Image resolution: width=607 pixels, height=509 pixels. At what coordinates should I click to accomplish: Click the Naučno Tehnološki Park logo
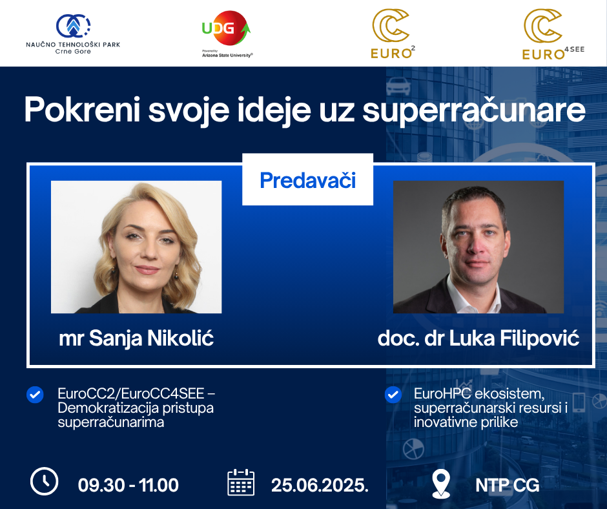tap(73, 34)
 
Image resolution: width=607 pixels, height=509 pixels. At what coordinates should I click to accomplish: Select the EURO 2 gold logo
tap(393, 34)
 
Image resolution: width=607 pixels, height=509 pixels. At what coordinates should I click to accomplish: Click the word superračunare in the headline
tap(474, 110)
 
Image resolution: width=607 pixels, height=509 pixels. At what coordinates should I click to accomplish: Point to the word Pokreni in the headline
tap(82, 110)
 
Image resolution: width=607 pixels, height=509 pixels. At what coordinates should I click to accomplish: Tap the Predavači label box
tap(308, 180)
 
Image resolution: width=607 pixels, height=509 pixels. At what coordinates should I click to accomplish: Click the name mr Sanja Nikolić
tap(136, 338)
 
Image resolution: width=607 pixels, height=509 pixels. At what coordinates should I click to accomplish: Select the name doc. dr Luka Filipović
tap(478, 338)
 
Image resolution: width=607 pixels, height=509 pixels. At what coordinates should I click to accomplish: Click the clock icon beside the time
tap(44, 481)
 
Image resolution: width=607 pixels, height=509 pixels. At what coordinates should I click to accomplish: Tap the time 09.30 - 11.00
tap(128, 485)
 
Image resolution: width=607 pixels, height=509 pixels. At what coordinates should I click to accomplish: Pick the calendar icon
tap(241, 482)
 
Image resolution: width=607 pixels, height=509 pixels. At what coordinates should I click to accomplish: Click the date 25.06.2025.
tap(320, 485)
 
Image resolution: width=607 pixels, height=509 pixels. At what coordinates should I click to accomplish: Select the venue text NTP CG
tap(507, 485)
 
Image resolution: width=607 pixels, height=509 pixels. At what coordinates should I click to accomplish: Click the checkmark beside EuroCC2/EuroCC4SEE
tap(35, 395)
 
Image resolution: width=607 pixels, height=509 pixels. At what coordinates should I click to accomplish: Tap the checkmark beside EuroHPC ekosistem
tap(393, 395)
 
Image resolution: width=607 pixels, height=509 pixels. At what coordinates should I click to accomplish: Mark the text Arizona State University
tap(227, 56)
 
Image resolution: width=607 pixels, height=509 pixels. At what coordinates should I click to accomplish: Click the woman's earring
tap(176, 276)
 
